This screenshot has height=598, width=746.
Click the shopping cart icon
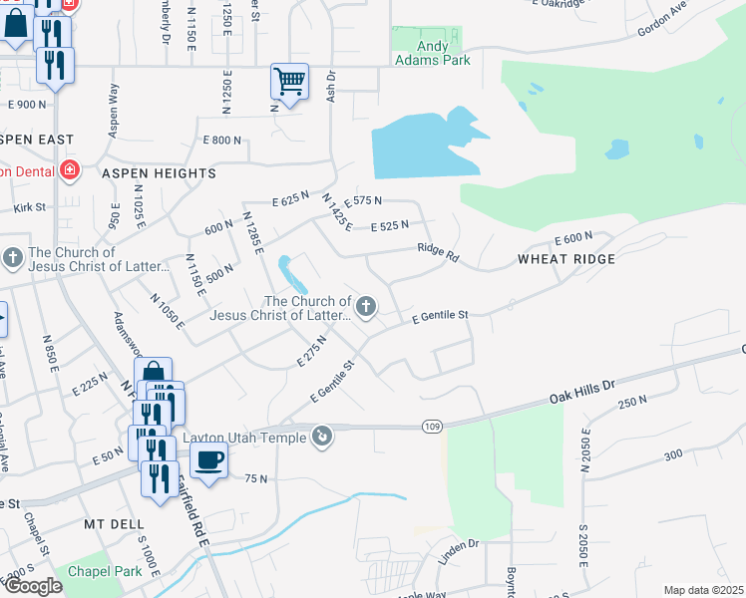(289, 81)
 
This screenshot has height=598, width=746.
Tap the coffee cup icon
(208, 460)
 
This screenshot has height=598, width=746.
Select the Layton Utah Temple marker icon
(322, 436)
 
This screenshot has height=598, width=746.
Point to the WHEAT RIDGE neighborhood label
(565, 259)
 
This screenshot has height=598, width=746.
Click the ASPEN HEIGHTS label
(159, 173)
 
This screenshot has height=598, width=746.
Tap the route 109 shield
(428, 426)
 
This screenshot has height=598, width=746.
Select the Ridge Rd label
(438, 253)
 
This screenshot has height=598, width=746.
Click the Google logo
(32, 587)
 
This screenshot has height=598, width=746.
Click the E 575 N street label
(363, 201)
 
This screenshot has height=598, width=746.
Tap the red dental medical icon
(69, 169)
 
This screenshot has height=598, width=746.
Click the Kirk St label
(31, 207)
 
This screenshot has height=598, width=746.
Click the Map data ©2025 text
(703, 590)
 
